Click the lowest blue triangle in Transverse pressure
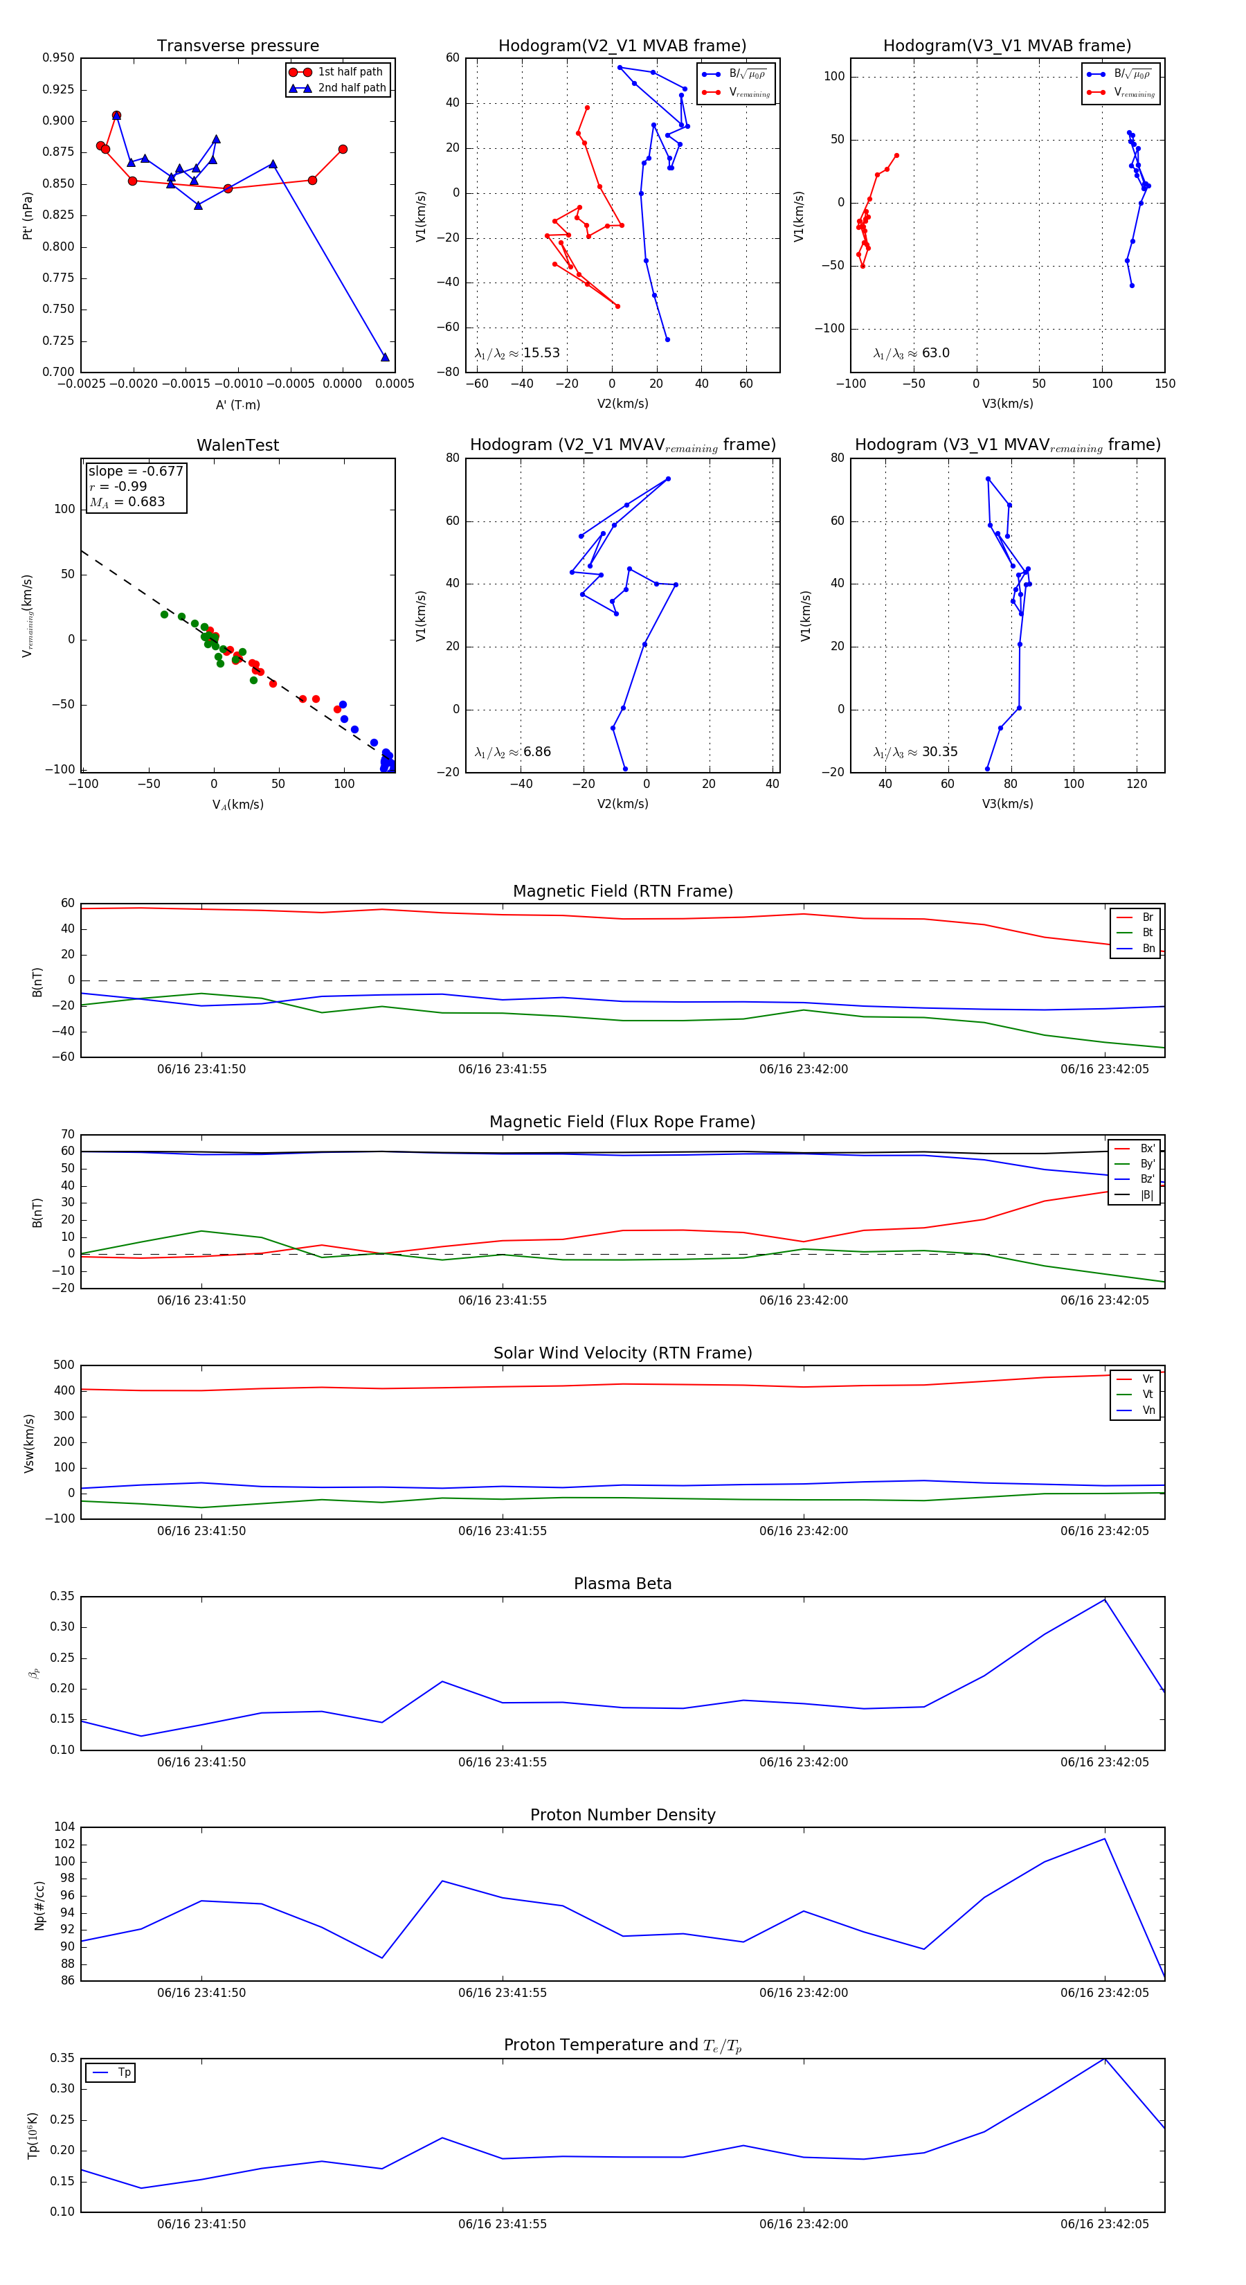385,357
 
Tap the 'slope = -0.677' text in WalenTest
135,471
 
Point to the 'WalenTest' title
237,445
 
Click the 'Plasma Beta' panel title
622,1584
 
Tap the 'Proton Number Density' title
622,1815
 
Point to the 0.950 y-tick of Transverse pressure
59,57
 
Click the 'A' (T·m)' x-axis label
237,405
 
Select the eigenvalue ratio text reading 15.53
517,353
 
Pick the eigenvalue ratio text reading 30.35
915,752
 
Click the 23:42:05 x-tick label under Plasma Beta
1104,1762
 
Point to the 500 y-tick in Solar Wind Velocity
64,1365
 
